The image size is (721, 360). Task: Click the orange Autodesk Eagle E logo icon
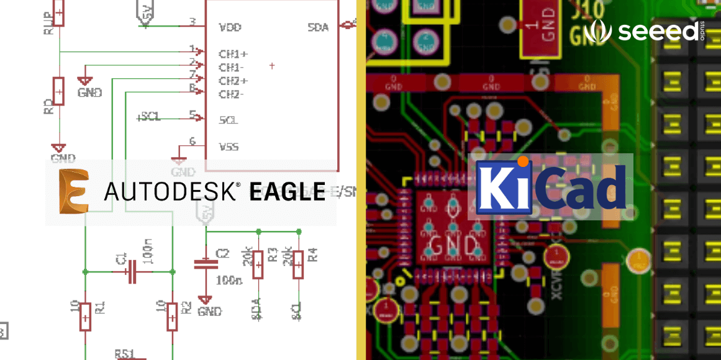pyautogui.click(x=74, y=191)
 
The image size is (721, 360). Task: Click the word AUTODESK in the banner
pyautogui.click(x=172, y=191)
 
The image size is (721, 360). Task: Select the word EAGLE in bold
pyautogui.click(x=287, y=191)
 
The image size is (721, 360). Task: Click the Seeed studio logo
pyautogui.click(x=645, y=30)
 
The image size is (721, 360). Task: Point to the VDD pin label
pyautogui.click(x=230, y=28)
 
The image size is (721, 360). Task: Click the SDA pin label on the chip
pyautogui.click(x=318, y=28)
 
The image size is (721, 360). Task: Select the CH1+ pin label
pyautogui.click(x=233, y=54)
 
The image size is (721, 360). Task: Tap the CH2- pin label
pyautogui.click(x=232, y=94)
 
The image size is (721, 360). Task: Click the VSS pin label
pyautogui.click(x=229, y=147)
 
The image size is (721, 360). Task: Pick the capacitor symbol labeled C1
pyautogui.click(x=132, y=271)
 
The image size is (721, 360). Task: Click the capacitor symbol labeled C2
pyautogui.click(x=206, y=263)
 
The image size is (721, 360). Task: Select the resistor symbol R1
pyautogui.click(x=86, y=316)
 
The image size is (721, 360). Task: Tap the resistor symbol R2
pyautogui.click(x=172, y=316)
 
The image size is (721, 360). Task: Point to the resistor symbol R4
pyautogui.click(x=299, y=264)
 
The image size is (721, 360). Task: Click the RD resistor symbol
pyautogui.click(x=58, y=91)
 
